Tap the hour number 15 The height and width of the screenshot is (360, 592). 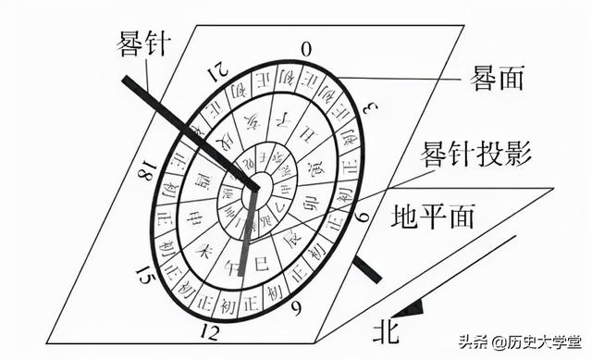point(142,275)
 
